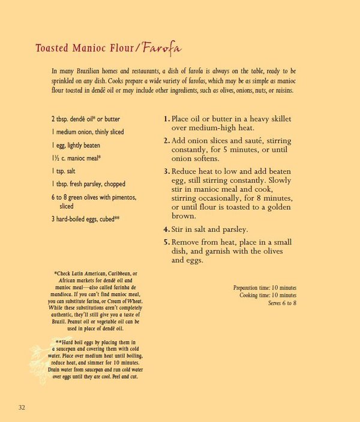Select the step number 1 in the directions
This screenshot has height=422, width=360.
(x=166, y=119)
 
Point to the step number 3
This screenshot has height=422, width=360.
(x=166, y=171)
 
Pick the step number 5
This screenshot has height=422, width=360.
(x=166, y=242)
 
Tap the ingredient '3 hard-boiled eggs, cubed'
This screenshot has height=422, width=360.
(x=85, y=219)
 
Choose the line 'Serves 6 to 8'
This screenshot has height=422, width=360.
(x=282, y=303)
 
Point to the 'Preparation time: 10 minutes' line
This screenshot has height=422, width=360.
(x=265, y=288)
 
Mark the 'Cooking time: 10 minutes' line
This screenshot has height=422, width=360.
(x=268, y=296)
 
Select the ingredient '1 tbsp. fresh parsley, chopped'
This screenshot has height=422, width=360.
(x=88, y=184)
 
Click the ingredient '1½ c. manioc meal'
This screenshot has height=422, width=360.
(x=76, y=158)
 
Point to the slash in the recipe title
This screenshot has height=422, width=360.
(x=137, y=49)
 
